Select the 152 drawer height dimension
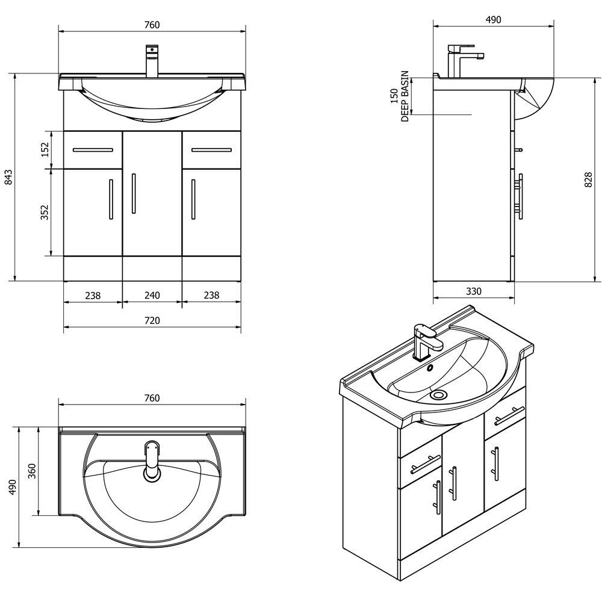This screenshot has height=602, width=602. (x=45, y=149)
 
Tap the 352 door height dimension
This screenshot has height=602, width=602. (x=45, y=213)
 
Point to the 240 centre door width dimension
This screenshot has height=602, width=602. (x=152, y=296)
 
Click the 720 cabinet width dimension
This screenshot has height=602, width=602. (x=152, y=321)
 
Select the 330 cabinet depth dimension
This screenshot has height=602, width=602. (x=474, y=291)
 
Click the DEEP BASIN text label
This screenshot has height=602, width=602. (x=405, y=96)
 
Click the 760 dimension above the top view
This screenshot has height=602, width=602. (x=152, y=398)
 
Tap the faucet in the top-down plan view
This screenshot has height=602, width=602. (x=152, y=461)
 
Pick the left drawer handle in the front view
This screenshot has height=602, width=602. (x=93, y=149)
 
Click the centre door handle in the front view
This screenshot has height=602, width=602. (x=134, y=193)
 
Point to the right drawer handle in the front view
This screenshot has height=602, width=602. (x=211, y=149)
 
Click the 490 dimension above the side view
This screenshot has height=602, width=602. (x=493, y=20)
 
